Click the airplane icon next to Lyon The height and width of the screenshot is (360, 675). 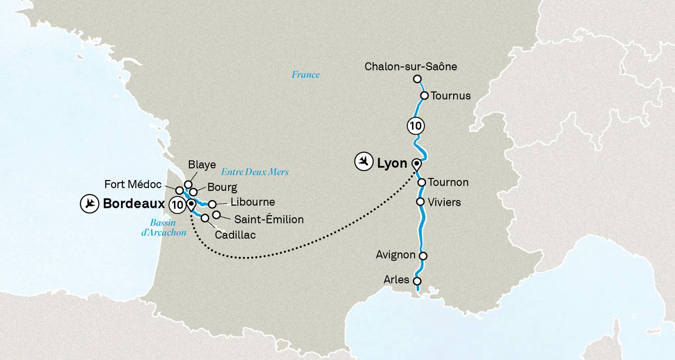tap(364, 162)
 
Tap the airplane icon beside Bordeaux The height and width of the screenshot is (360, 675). tap(89, 204)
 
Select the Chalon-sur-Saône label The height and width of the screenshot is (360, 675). tap(410, 67)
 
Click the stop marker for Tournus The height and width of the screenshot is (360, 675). tap(424, 95)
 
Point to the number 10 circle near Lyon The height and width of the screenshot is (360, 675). tap(415, 126)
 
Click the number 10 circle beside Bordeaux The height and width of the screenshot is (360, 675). tap(177, 205)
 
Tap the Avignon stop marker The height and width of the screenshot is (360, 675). tap(423, 256)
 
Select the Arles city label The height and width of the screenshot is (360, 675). tap(396, 280)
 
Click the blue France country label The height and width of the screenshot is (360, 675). tap(306, 75)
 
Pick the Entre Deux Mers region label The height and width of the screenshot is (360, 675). tap(255, 172)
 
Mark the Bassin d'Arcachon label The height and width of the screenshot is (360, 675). tap(163, 227)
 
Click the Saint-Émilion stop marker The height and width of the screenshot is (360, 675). tap(216, 214)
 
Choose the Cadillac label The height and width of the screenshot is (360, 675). tap(235, 235)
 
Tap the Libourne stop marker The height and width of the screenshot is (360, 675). tap(212, 204)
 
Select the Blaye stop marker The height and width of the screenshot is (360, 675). tap(188, 184)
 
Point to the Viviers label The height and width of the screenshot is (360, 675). tap(445, 202)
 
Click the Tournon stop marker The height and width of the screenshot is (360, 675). tap(422, 182)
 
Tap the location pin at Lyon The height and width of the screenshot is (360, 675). tap(417, 164)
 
